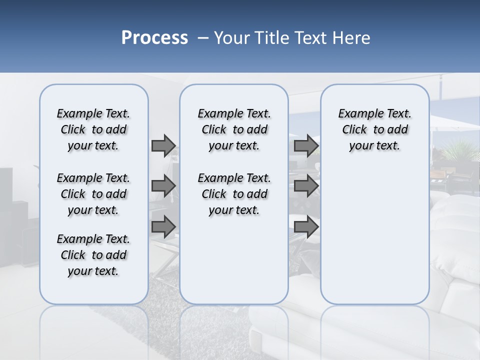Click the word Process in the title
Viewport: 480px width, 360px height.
(x=154, y=38)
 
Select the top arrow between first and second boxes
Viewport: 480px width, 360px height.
(x=163, y=145)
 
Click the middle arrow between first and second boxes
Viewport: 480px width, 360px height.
(x=163, y=186)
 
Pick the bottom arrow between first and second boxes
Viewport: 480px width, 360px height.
(x=163, y=226)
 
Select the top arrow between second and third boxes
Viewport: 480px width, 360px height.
(x=306, y=145)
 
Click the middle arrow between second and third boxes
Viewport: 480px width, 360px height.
(x=306, y=186)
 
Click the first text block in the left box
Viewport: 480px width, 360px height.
(x=93, y=129)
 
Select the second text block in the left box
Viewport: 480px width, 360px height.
(x=93, y=194)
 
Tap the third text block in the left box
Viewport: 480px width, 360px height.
(x=93, y=255)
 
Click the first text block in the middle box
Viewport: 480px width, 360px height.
(x=234, y=129)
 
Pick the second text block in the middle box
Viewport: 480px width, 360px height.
(x=234, y=194)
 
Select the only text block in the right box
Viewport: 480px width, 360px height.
(x=374, y=129)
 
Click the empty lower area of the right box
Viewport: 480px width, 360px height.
(x=374, y=240)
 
